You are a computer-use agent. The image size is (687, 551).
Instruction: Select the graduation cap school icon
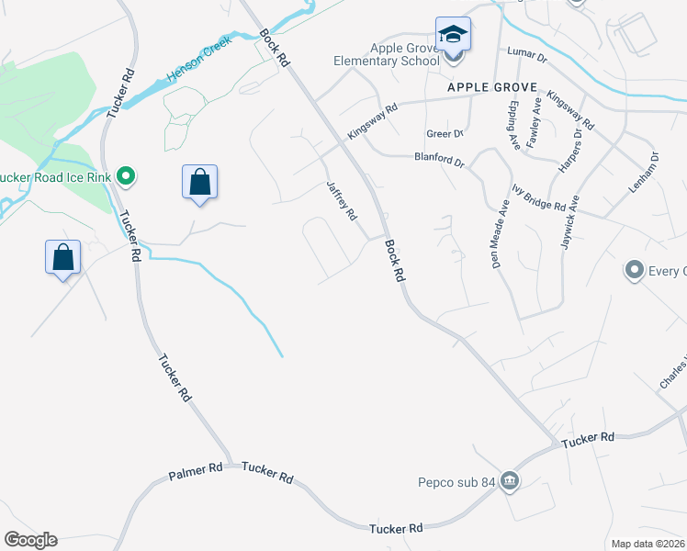pos(453,35)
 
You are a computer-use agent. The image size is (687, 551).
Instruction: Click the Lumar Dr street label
pos(526,57)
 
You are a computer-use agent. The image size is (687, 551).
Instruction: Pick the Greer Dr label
pos(443,133)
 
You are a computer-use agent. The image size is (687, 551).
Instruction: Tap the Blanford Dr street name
pos(439,160)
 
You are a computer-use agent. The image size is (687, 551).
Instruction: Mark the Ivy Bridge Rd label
pos(538,198)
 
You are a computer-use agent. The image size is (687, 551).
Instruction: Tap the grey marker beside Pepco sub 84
pos(510,480)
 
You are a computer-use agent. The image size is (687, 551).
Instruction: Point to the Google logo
pos(30,540)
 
